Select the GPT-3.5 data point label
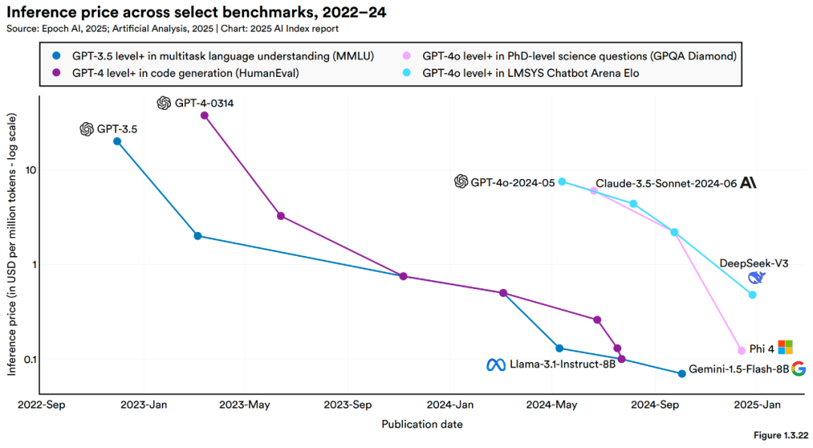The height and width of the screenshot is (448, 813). click(x=117, y=130)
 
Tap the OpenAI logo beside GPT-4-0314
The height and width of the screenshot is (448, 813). click(x=164, y=103)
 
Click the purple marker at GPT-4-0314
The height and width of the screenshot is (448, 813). click(x=204, y=115)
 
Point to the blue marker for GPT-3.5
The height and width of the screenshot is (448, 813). click(x=117, y=141)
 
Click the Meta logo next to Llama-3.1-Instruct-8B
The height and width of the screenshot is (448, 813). click(x=495, y=364)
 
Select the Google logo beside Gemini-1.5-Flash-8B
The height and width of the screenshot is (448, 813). click(x=799, y=368)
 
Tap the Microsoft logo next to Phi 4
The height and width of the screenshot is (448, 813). click(x=785, y=347)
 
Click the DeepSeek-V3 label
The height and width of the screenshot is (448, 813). click(x=754, y=263)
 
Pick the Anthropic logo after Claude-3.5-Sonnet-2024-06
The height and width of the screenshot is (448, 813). click(x=748, y=182)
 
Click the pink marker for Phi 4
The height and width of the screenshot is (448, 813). click(x=741, y=350)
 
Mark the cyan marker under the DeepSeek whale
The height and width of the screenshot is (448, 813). click(x=753, y=294)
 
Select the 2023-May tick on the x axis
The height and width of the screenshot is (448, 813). click(x=245, y=405)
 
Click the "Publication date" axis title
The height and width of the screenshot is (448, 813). click(x=422, y=424)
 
